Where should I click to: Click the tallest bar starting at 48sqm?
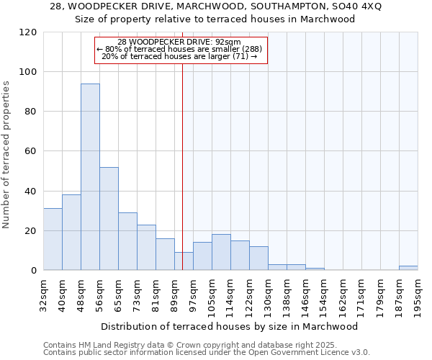pos(90,177)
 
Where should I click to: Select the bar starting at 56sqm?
pos(109,219)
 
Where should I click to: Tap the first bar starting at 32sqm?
pos(53,239)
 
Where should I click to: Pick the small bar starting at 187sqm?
pos(408,268)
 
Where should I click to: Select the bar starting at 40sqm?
pos(71,233)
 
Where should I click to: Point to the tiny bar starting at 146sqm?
pos(315,269)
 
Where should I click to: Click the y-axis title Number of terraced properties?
pos(6,154)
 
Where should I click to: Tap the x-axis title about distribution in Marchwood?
pos(230,326)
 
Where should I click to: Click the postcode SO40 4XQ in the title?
pos(354,6)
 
